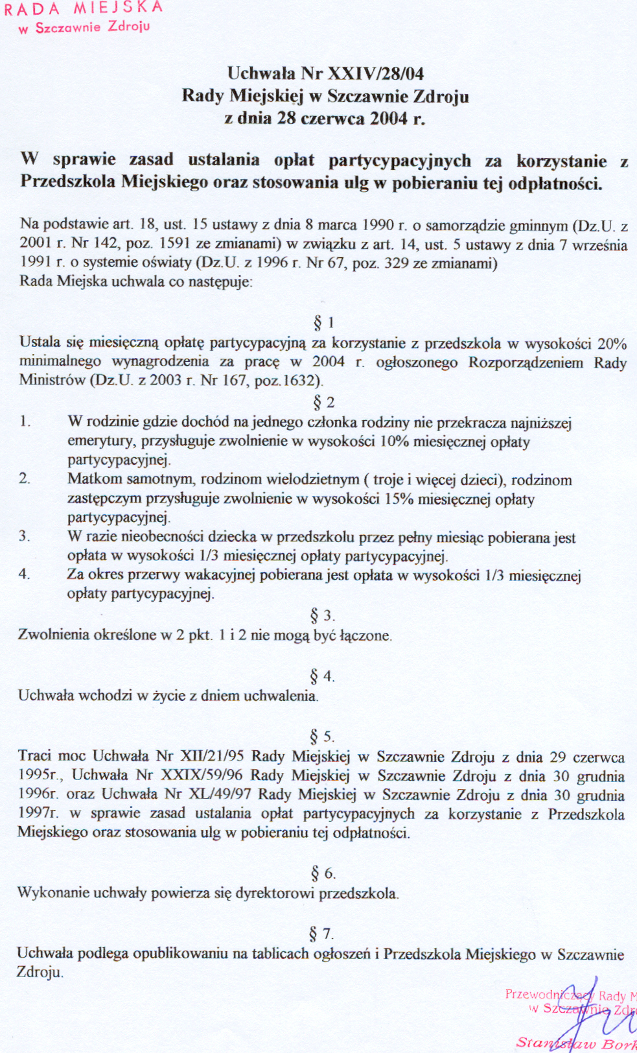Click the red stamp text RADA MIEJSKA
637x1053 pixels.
point(83,8)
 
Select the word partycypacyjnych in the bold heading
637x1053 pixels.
point(399,160)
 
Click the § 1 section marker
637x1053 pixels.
point(323,322)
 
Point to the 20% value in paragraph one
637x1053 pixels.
point(612,343)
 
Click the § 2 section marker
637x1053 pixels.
point(323,403)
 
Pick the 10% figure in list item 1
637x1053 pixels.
point(394,442)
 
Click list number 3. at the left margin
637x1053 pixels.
point(24,536)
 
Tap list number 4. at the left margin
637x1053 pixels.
point(24,574)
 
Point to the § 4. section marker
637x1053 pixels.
point(322,676)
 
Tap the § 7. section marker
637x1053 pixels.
point(321,934)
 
